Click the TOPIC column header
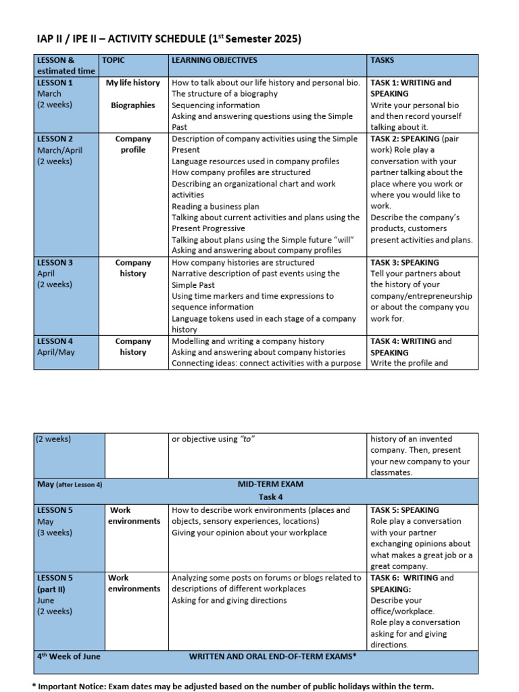pos(114,60)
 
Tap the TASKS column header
pos(382,60)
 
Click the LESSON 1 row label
pos(55,82)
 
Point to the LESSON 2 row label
pos(55,139)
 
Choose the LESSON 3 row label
pos(55,262)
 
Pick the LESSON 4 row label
pos(55,341)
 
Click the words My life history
pos(133,82)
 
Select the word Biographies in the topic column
pos(133,105)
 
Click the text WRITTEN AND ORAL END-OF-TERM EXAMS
pos(272,656)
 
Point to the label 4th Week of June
pos(68,656)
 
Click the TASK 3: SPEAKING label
pos(405,262)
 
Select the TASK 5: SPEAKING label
pos(405,510)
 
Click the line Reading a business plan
pos(215,206)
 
